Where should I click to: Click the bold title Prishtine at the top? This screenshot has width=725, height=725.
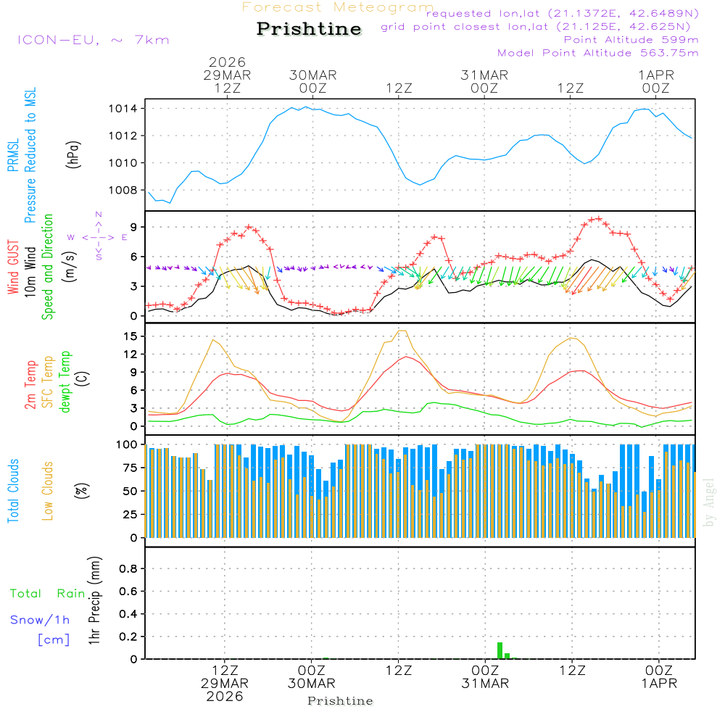click(309, 29)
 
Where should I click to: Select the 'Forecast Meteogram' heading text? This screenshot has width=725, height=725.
click(338, 8)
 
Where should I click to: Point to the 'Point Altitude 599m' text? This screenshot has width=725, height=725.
click(631, 39)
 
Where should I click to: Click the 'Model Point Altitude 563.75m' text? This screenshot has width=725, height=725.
click(597, 53)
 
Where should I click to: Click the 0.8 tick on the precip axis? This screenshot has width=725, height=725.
click(129, 568)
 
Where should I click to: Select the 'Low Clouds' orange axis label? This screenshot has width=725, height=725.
click(48, 490)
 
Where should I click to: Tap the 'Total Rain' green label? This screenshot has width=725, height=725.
click(48, 594)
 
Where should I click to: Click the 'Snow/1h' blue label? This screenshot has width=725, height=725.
click(41, 620)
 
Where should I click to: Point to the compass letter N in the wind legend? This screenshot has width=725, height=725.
click(99, 215)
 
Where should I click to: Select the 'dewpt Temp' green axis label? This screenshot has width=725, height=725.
click(65, 382)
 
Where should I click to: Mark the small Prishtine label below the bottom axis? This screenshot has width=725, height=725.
click(340, 701)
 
